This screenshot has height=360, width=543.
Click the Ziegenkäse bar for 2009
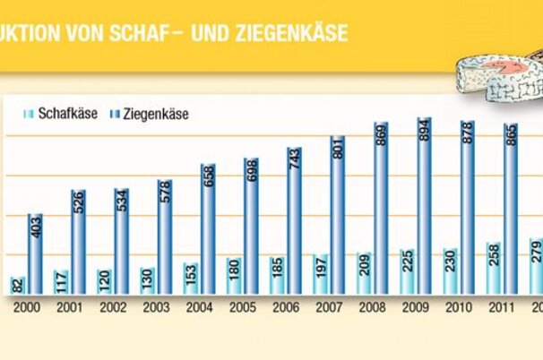(x=424, y=206)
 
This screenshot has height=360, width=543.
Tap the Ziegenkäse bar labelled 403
(x=35, y=253)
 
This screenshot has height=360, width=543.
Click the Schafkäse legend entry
(x=59, y=115)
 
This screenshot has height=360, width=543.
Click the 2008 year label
(x=371, y=305)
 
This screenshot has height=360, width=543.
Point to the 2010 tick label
(x=458, y=305)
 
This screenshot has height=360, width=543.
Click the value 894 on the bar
(x=424, y=133)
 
